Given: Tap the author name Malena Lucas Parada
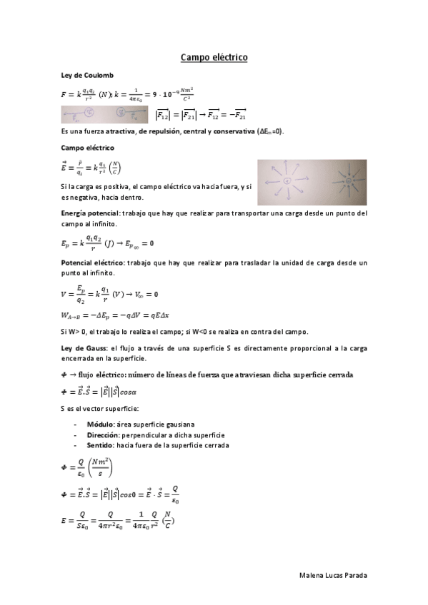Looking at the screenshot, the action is [334, 575].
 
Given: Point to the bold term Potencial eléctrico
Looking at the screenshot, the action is [92, 263].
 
